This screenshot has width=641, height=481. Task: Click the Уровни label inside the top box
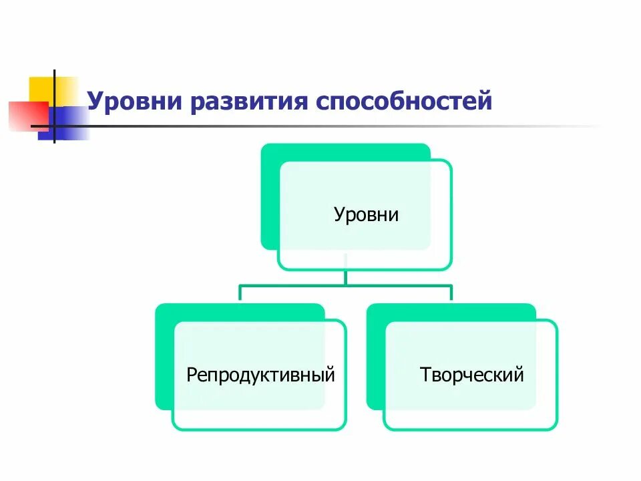[x=366, y=215]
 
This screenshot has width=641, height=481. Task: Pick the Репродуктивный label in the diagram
[x=260, y=374]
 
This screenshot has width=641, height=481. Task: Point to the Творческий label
[x=472, y=374]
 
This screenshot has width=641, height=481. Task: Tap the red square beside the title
[x=23, y=114]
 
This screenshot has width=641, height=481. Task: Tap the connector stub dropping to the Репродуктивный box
[x=240, y=294]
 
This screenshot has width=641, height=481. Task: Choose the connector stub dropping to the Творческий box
[x=451, y=294]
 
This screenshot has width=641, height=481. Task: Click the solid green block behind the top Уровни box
[x=270, y=200]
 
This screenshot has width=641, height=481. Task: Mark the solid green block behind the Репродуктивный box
[x=164, y=361]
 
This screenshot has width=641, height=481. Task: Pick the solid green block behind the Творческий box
[x=375, y=361]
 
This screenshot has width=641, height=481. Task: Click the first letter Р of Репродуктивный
[x=191, y=374]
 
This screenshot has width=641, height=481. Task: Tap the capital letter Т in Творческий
[x=425, y=374]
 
